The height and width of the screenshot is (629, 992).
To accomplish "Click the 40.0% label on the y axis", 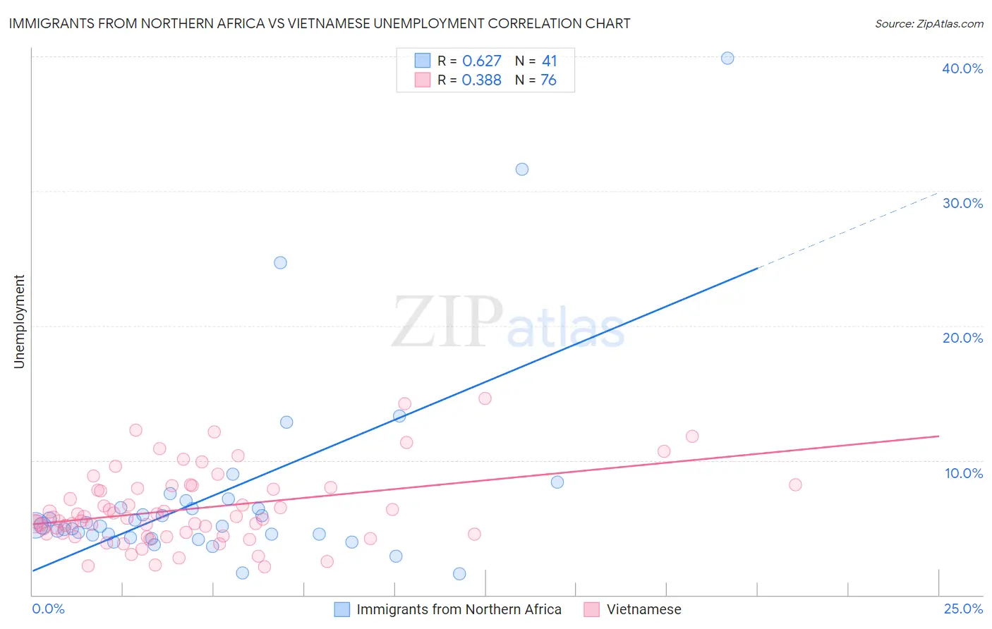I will tap(962, 68).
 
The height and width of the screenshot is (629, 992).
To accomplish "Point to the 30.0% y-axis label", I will tap(962, 203).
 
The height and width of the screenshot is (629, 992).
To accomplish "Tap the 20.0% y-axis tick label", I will tap(962, 338).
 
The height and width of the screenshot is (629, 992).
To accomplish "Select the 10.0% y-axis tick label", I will tap(963, 473).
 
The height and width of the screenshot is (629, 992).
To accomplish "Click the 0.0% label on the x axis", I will tap(48, 609).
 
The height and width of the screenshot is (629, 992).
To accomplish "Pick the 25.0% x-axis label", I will tap(963, 609).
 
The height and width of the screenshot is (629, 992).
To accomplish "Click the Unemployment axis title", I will tap(19, 322).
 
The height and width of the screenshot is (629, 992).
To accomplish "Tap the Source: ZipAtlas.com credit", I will tap(929, 23).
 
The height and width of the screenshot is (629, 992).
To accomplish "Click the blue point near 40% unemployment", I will tap(727, 59).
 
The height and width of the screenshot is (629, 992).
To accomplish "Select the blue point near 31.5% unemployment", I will tap(522, 169).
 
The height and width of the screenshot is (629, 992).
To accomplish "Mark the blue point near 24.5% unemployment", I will tap(280, 263).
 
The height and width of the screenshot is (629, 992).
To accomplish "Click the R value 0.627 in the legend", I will tap(481, 61).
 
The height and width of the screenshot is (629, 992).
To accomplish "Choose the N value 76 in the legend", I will tap(548, 80).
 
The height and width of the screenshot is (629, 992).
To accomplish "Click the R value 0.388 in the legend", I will tap(481, 80).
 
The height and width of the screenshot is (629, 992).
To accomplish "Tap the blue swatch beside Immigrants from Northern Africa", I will tap(342, 609).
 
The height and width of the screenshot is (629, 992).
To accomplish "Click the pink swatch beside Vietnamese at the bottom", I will tap(591, 609).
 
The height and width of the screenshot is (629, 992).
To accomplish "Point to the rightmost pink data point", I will tap(795, 484).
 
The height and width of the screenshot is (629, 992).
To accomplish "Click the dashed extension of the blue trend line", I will tap(847, 231).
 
